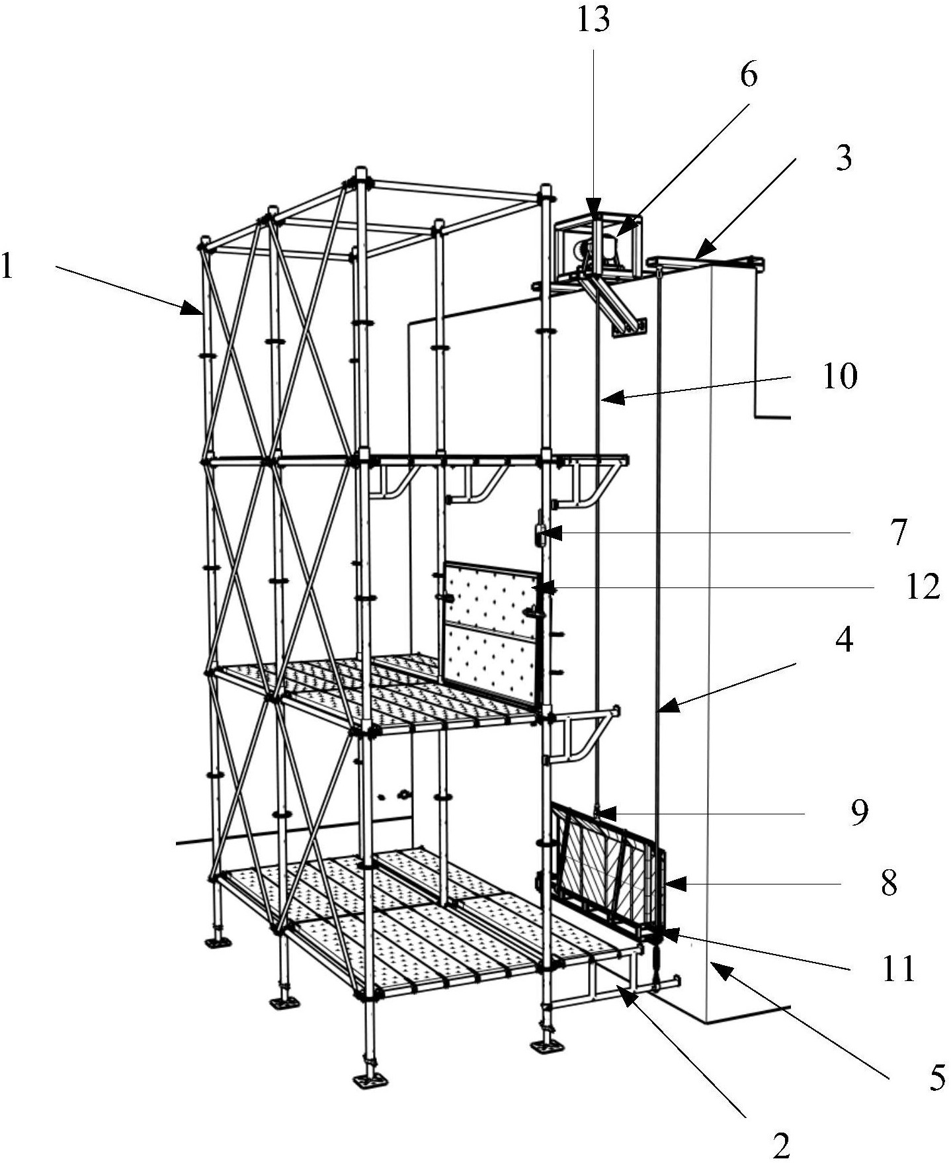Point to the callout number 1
(x=7, y=267)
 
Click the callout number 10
(x=840, y=376)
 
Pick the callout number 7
(x=897, y=533)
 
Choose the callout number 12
(x=922, y=586)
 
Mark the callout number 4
(x=844, y=640)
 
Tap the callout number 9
(x=858, y=813)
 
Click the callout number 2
(x=781, y=1144)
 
